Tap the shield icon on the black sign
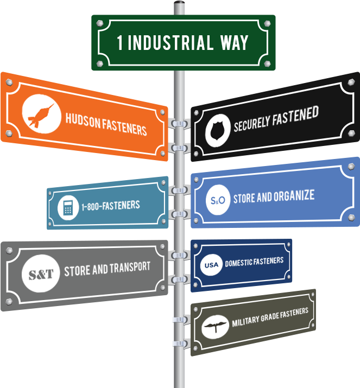(x=218, y=131)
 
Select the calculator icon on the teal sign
(x=68, y=208)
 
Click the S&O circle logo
(x=218, y=200)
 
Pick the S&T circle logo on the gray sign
(x=41, y=273)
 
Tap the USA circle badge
(x=211, y=265)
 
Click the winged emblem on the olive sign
(x=215, y=327)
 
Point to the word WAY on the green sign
(x=234, y=42)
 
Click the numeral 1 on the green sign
(x=120, y=42)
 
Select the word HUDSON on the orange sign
(x=83, y=120)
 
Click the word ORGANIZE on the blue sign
(x=294, y=196)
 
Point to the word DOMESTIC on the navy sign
(x=238, y=263)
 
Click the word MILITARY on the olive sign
(x=245, y=321)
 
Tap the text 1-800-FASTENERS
(x=111, y=206)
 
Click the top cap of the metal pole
(x=179, y=3)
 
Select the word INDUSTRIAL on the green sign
(x=170, y=42)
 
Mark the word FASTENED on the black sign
(x=295, y=116)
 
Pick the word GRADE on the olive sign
(x=269, y=317)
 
